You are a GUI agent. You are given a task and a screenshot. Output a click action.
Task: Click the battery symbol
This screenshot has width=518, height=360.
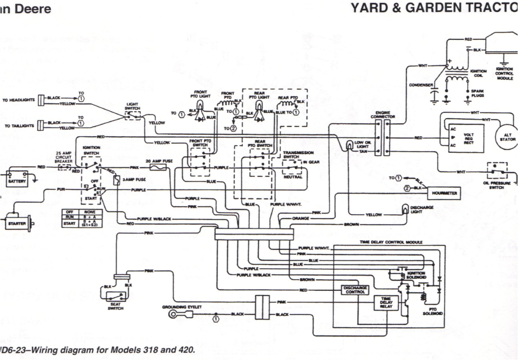point(17,177)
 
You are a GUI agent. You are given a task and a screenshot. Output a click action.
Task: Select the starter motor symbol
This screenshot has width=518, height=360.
point(18,223)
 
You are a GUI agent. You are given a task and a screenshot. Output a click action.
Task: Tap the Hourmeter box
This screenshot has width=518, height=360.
point(444,193)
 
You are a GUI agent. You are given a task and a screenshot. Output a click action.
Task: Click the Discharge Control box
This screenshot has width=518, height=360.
point(355,290)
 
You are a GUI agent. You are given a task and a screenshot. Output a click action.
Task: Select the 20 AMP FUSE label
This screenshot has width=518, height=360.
point(159,160)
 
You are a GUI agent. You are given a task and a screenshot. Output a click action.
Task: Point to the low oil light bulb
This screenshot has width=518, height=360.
point(350,144)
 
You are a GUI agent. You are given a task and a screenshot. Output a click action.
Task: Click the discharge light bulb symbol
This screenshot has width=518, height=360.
point(406,209)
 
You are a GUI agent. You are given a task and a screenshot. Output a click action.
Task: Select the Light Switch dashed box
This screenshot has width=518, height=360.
point(132,115)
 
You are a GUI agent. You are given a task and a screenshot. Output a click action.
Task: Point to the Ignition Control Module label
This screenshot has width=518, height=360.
point(504,74)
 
